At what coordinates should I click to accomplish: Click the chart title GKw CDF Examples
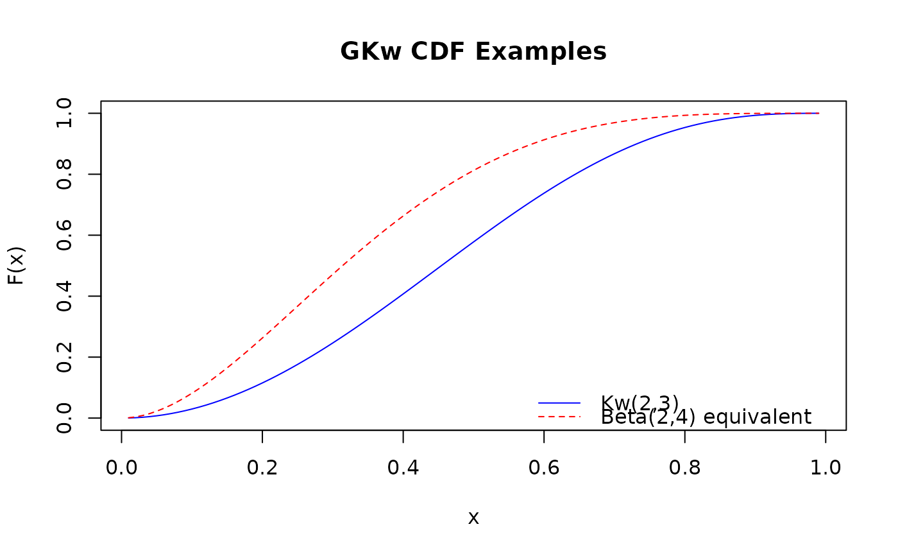(x=473, y=52)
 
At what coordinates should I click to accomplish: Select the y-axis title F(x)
(x=17, y=265)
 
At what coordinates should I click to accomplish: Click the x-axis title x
(x=473, y=518)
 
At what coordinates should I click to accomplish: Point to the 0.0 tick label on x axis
(x=121, y=467)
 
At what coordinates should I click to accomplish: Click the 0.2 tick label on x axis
(x=262, y=467)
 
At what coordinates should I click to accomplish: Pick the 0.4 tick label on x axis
(x=403, y=467)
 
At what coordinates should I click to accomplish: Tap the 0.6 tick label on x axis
(x=544, y=467)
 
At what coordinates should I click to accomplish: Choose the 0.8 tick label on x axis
(x=685, y=467)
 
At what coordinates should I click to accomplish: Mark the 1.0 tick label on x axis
(x=826, y=467)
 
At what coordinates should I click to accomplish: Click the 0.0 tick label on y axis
(x=64, y=418)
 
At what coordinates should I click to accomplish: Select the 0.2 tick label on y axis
(x=64, y=357)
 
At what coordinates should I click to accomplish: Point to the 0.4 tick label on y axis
(x=64, y=296)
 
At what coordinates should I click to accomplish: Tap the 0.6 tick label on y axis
(x=64, y=235)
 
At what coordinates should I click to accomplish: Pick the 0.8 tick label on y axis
(x=64, y=174)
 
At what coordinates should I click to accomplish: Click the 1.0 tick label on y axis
(x=64, y=113)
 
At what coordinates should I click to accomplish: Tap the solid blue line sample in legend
(x=559, y=403)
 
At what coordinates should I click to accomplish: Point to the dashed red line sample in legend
(x=559, y=417)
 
